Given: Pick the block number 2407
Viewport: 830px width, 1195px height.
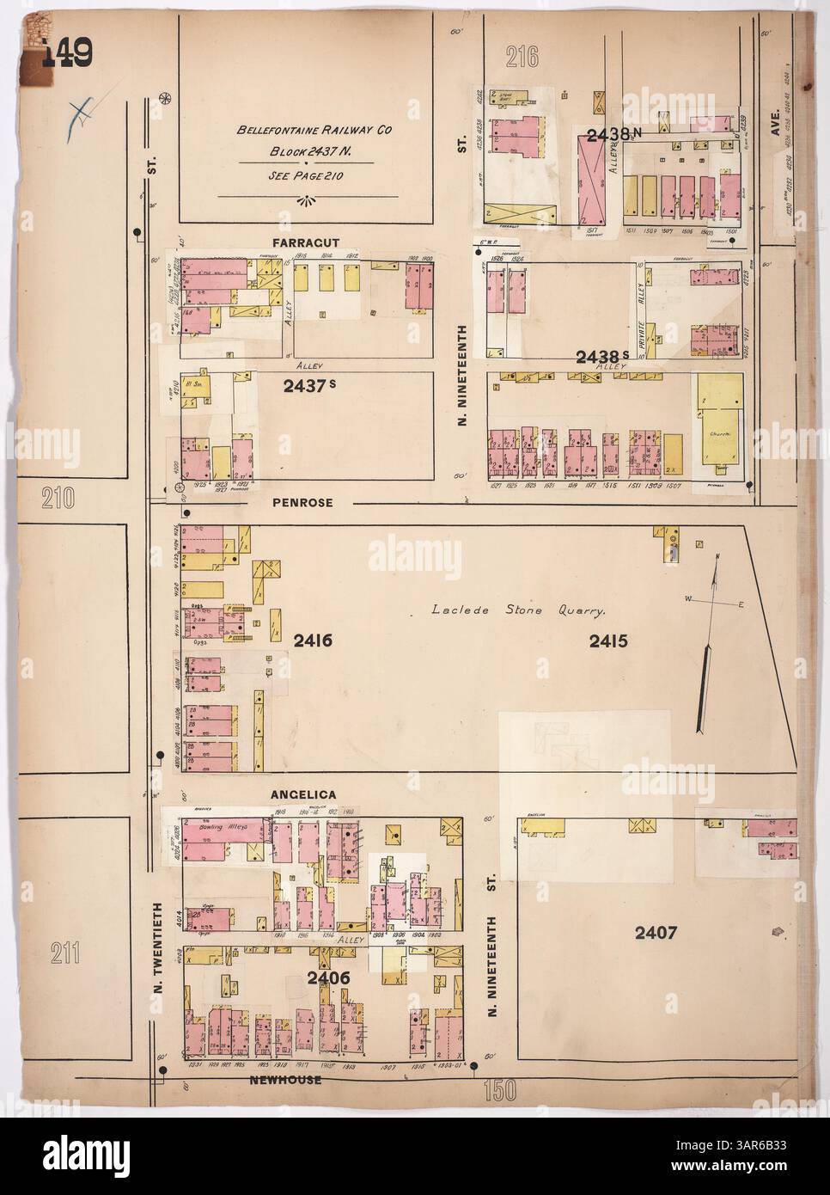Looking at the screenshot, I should tap(658, 932).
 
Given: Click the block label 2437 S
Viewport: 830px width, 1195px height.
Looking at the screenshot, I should tap(308, 388).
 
